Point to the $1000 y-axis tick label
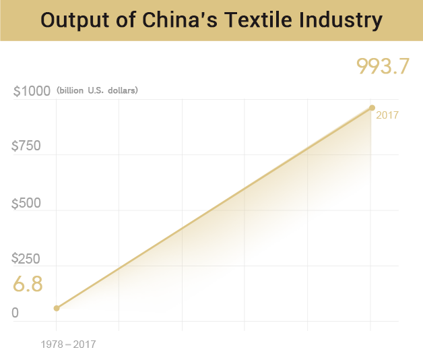click(x=32, y=91)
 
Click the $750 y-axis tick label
click(x=27, y=146)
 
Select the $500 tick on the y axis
click(x=27, y=203)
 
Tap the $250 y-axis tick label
click(x=27, y=258)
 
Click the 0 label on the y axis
click(x=15, y=313)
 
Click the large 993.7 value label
click(x=383, y=66)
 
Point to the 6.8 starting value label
click(x=28, y=284)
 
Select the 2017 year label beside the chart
click(x=388, y=115)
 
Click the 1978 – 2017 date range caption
click(x=69, y=344)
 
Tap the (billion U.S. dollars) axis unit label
click(x=98, y=90)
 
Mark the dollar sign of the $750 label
click(x=16, y=146)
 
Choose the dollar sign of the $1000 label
click(x=17, y=91)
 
